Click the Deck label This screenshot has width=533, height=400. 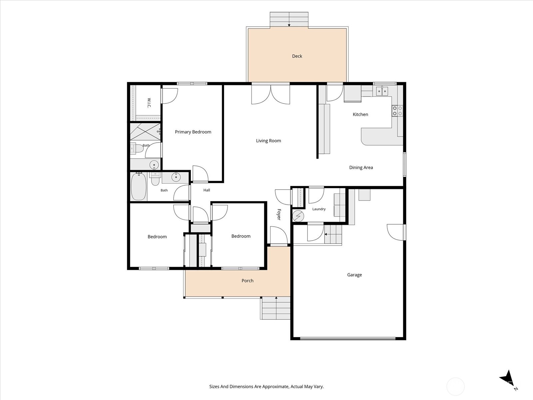pyautogui.click(x=297, y=56)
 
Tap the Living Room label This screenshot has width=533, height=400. pyautogui.click(x=268, y=141)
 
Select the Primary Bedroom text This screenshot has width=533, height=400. pyautogui.click(x=193, y=132)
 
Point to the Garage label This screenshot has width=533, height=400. pyautogui.click(x=354, y=275)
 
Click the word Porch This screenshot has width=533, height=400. pyautogui.click(x=248, y=281)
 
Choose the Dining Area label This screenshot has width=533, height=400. pyautogui.click(x=361, y=167)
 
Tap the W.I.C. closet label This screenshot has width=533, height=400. pyautogui.click(x=149, y=103)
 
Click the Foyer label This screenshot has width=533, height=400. pyautogui.click(x=279, y=214)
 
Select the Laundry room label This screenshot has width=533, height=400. pyautogui.click(x=319, y=209)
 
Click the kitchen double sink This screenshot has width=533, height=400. pyautogui.click(x=382, y=91)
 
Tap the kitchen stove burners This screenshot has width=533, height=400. pyautogui.click(x=397, y=111)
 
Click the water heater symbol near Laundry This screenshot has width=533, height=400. pyautogui.click(x=298, y=216)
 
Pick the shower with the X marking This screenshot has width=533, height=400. pyautogui.click(x=145, y=132)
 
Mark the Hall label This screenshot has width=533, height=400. pyautogui.click(x=207, y=190)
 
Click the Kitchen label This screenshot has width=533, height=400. pyautogui.click(x=360, y=114)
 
